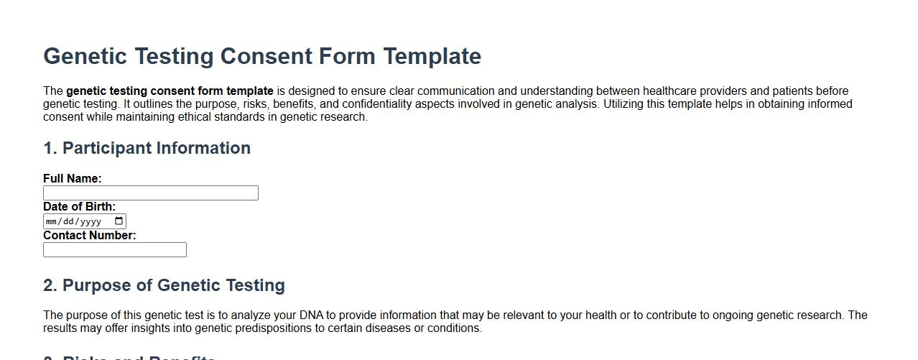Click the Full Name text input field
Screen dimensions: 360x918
(x=150, y=193)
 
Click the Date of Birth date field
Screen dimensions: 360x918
(x=75, y=221)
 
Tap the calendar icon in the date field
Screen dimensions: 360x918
(x=119, y=221)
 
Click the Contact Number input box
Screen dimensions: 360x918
(x=114, y=249)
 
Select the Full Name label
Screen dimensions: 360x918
(x=72, y=178)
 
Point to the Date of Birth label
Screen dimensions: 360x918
(x=79, y=206)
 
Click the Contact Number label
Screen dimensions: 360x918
(x=89, y=235)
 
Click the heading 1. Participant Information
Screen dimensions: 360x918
(x=147, y=148)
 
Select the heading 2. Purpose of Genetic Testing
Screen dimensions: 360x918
(x=164, y=285)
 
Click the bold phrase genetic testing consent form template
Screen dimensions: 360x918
(x=170, y=91)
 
